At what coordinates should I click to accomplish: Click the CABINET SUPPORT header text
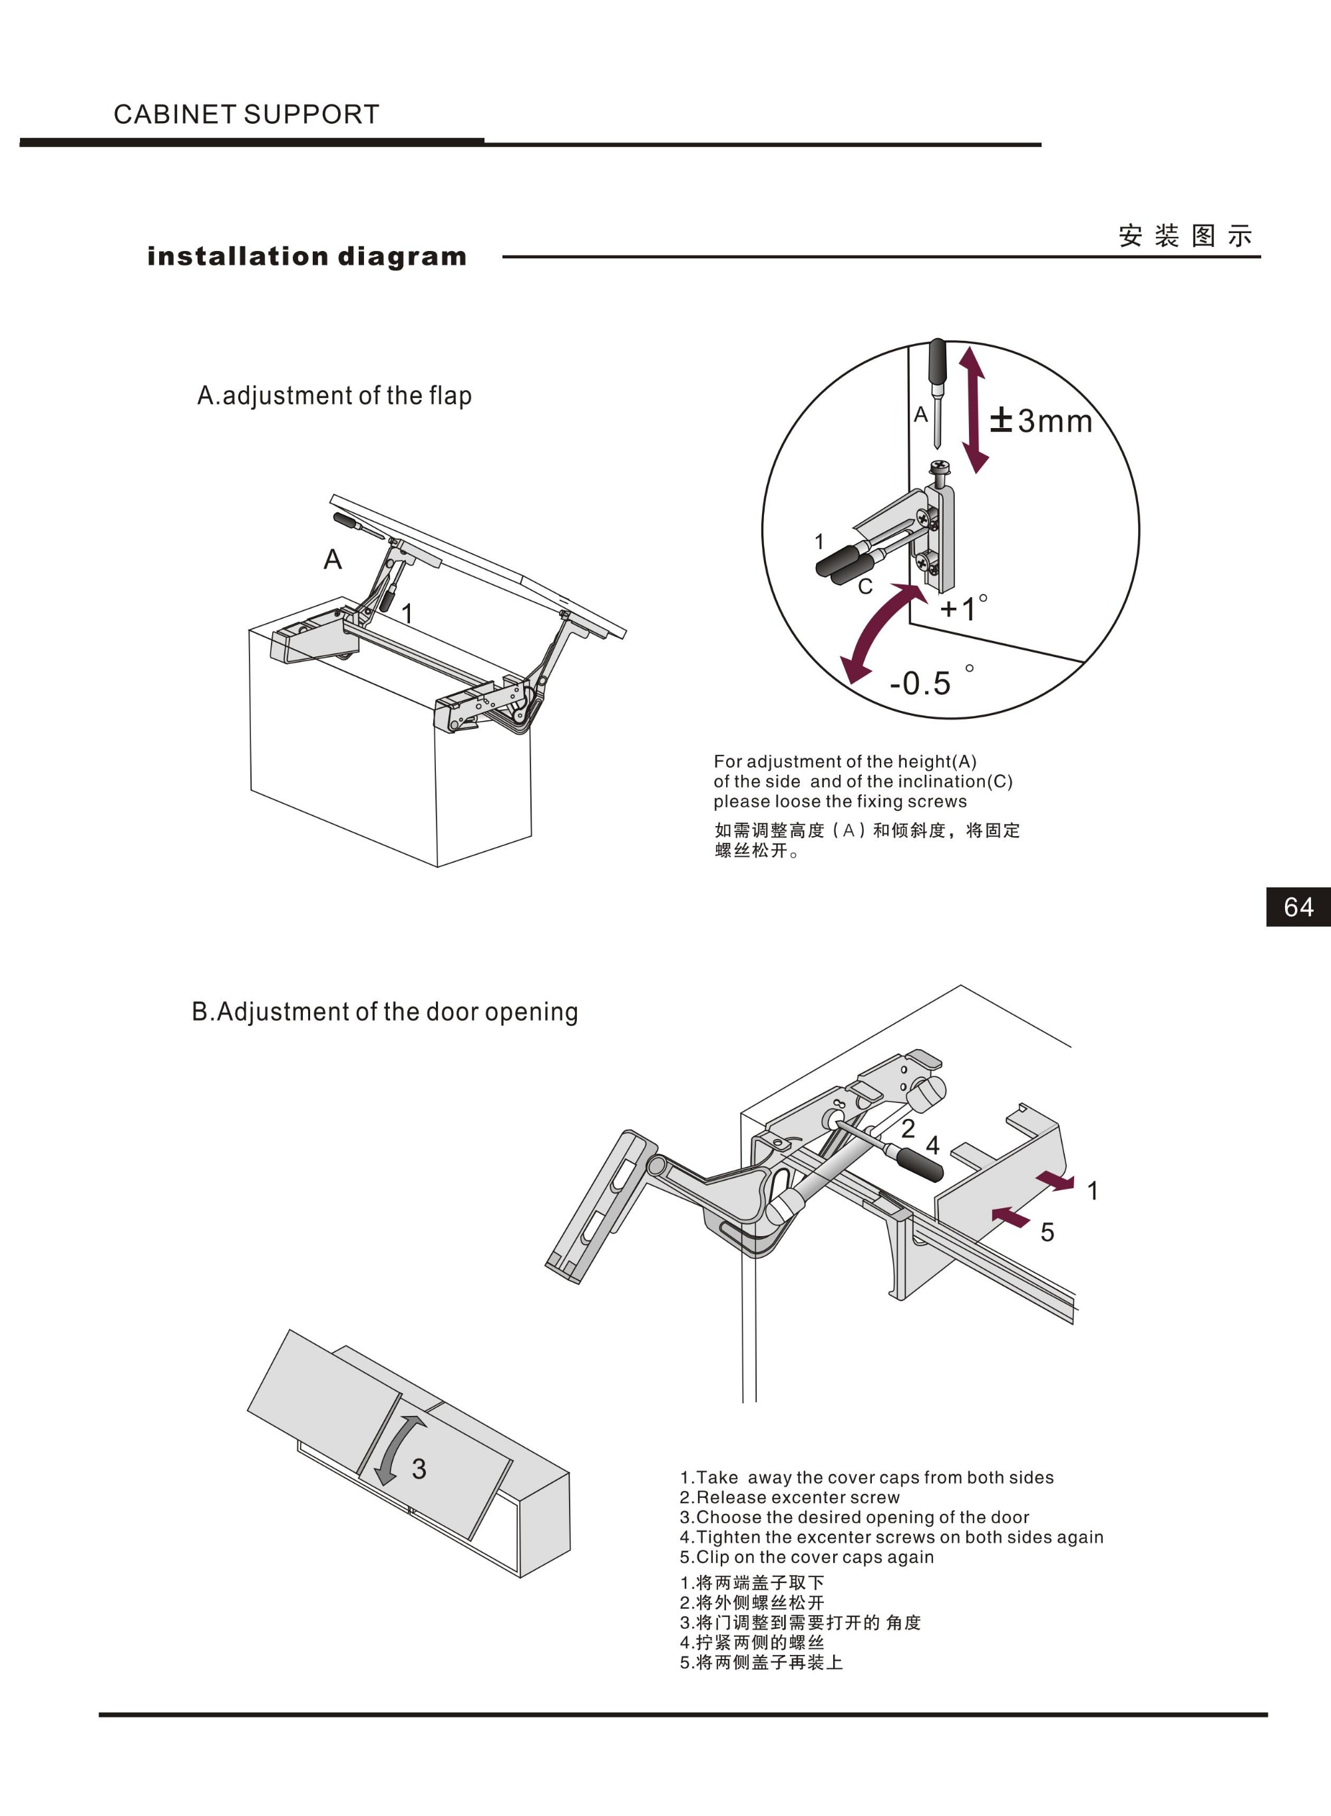click(x=246, y=114)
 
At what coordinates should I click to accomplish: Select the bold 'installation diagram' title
click(x=307, y=256)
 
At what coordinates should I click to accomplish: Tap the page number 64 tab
click(x=1298, y=907)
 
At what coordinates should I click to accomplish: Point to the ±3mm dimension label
click(x=1041, y=421)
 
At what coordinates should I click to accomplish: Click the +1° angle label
click(x=964, y=608)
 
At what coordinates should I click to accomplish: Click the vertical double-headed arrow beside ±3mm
click(x=972, y=409)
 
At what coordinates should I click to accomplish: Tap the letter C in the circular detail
click(x=865, y=586)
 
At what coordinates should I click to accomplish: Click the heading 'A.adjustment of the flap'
click(x=334, y=395)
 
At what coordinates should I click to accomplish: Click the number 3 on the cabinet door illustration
click(x=419, y=1469)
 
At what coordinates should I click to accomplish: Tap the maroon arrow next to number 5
click(x=1010, y=1217)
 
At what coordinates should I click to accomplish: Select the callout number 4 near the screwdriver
click(x=933, y=1145)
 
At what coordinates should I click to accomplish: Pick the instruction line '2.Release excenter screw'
click(x=789, y=1497)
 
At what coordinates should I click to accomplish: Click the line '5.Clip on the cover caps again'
click(x=807, y=1556)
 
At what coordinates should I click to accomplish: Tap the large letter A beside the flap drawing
click(x=333, y=559)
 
